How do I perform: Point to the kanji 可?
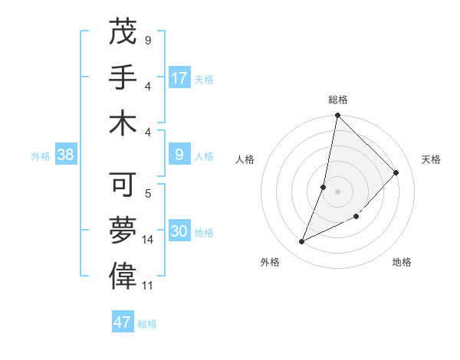pos(123,184)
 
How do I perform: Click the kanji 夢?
pos(123,228)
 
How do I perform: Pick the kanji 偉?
pos(123,273)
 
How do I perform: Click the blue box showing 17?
pos(179,78)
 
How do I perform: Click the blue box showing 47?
pos(123,322)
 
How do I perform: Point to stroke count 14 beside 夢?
pos(148,240)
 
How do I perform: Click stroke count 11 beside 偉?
pos(148,286)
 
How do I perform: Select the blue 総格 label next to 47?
pos(147,324)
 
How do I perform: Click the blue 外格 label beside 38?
pos(41,156)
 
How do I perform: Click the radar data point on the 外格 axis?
pos(302,241)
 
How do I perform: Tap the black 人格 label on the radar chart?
pos(245,159)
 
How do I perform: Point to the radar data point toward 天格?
pos(396,172)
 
